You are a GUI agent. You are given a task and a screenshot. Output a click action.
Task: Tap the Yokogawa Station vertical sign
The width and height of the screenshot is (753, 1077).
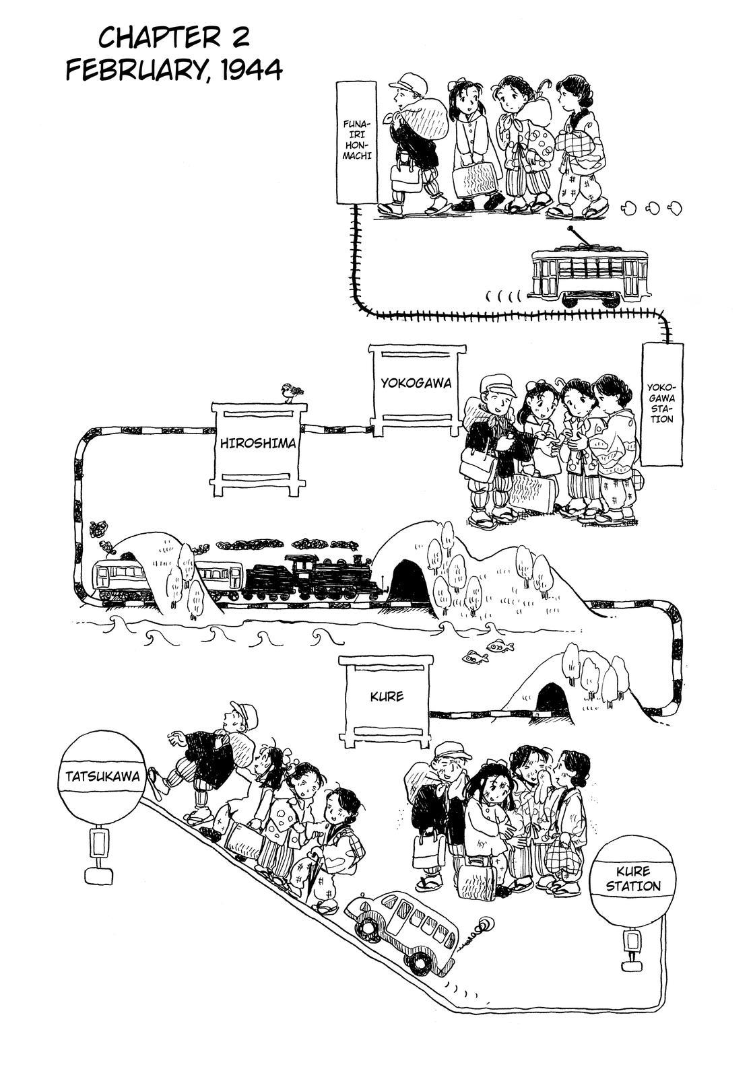pyautogui.click(x=661, y=404)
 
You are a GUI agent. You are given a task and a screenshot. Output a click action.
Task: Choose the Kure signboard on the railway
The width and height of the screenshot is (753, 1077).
pyautogui.click(x=386, y=696)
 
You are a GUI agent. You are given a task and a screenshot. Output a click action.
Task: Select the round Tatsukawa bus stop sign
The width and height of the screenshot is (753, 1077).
pyautogui.click(x=102, y=776)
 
